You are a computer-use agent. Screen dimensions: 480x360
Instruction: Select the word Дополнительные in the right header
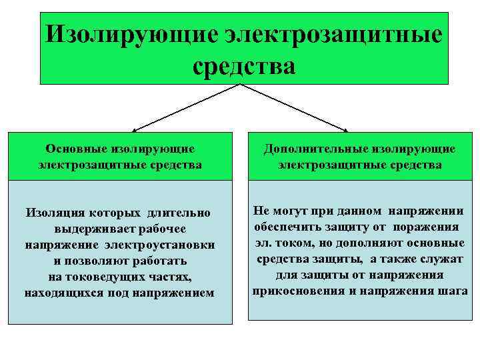(307, 149)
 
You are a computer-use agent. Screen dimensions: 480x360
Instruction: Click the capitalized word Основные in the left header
(73, 149)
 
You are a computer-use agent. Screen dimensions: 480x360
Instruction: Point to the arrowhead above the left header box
(135, 130)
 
